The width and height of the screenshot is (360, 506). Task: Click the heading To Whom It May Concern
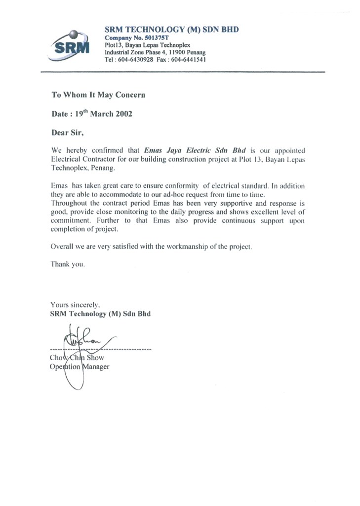pos(98,94)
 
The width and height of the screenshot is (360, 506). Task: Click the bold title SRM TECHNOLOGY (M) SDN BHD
pos(172,30)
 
